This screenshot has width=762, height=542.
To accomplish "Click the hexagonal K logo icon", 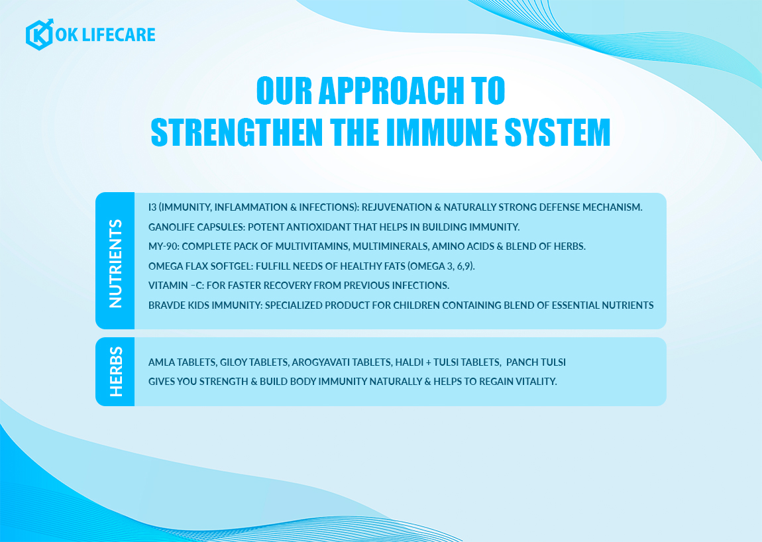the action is click(x=39, y=34).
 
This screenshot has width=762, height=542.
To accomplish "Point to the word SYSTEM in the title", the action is click(x=558, y=132).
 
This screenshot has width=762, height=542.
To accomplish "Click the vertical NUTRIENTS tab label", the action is click(x=115, y=263).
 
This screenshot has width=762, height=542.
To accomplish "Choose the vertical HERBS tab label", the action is click(x=116, y=371).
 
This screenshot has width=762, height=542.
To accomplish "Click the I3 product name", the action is click(x=152, y=207).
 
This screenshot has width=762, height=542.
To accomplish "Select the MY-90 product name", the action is click(x=164, y=246).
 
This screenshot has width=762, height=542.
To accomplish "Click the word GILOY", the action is click(x=233, y=362).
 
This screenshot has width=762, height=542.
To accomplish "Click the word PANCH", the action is click(x=521, y=362).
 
